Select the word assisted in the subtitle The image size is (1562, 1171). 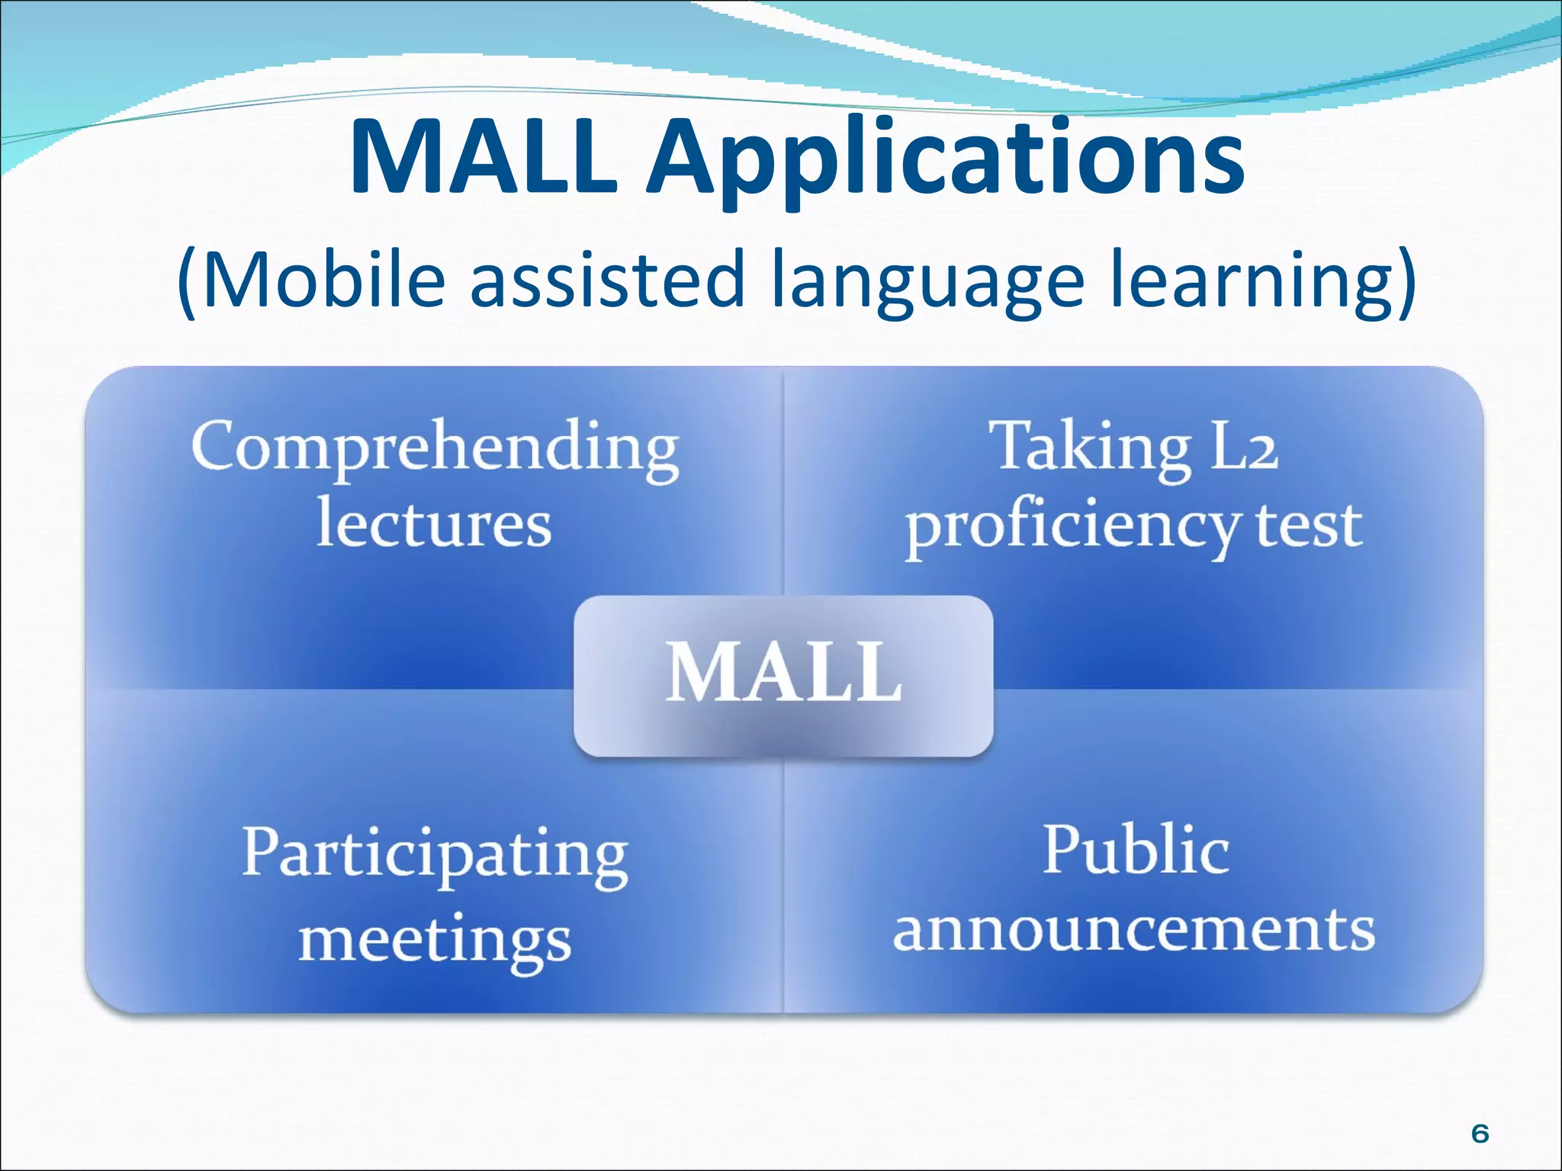coord(606,280)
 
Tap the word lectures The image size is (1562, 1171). coord(433,524)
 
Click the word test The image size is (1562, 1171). coord(1309,526)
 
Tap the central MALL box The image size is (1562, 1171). coord(783,675)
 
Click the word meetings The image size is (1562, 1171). coord(435,942)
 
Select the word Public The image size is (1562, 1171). coord(1136,850)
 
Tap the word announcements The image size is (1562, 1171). coord(1134,930)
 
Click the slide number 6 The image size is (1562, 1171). coord(1480,1134)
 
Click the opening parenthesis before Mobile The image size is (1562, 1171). coord(187,282)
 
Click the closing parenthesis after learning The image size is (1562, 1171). coord(1407,282)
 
